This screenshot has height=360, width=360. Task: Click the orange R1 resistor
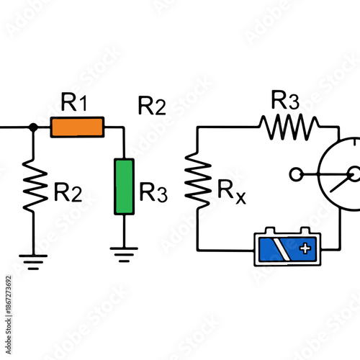77,127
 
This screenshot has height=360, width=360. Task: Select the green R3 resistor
125,186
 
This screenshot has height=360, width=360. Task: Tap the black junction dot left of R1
32,127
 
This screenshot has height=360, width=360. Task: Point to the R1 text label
75,103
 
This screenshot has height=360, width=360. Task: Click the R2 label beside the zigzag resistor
68,192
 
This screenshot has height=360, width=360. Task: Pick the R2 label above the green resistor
152,107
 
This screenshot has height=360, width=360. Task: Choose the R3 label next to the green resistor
153,192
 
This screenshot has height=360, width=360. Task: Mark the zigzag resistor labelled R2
32,185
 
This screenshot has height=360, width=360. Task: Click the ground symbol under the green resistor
124,252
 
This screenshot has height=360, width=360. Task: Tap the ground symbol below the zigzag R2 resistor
32,260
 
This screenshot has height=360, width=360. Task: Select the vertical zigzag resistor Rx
197,178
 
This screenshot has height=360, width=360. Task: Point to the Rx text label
232,192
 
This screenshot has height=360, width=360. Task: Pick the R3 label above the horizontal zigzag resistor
285,100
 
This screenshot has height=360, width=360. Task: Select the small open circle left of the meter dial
294,174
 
